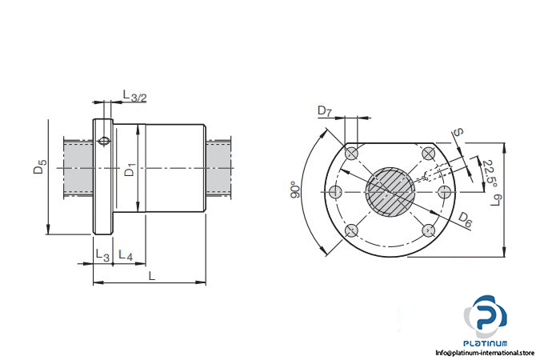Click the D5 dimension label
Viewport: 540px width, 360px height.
click(40, 166)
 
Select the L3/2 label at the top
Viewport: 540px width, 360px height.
click(134, 96)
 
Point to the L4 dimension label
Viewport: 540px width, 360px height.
click(126, 255)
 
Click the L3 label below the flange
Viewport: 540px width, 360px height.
click(102, 255)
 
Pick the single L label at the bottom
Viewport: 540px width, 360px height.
click(151, 276)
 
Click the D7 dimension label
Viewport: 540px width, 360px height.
click(325, 111)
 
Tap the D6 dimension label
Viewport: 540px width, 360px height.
click(465, 219)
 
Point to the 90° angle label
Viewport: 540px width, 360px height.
click(295, 190)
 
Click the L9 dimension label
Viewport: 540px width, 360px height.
click(496, 201)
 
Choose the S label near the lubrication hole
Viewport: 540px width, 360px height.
click(458, 132)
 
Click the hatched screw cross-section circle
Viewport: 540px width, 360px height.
click(390, 192)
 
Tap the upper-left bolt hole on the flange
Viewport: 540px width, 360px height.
click(352, 154)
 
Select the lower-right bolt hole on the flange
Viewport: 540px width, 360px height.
click(429, 230)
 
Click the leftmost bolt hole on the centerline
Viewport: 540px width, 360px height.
click(336, 192)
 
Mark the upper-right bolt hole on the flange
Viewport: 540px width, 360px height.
click(429, 154)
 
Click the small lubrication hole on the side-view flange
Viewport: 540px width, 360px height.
click(104, 141)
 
